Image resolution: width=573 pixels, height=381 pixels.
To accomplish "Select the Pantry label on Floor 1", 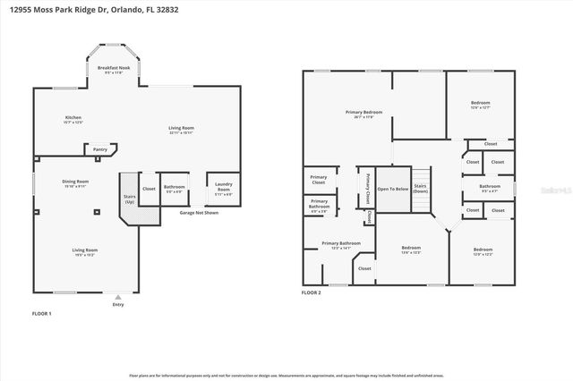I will click(x=100, y=149).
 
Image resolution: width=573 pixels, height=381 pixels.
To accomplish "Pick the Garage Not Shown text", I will click(x=199, y=214).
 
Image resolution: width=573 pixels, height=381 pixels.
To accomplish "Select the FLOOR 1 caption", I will click(x=42, y=314).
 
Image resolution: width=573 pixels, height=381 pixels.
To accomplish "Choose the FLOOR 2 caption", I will click(x=311, y=292).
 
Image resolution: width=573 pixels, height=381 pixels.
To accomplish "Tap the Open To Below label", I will click(x=392, y=190).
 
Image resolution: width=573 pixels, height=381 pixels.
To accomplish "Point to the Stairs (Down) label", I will click(x=421, y=190).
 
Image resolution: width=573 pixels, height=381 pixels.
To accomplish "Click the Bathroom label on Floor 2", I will click(x=490, y=188).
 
